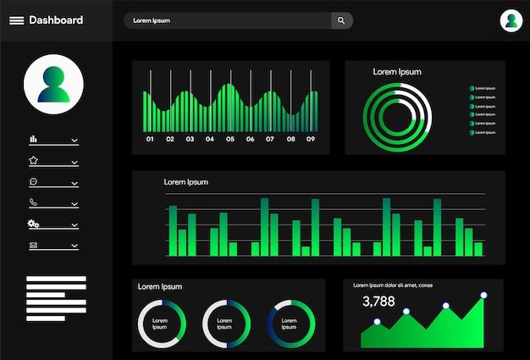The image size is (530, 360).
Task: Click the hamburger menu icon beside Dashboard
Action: tap(16, 20)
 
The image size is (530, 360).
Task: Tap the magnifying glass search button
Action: tap(341, 20)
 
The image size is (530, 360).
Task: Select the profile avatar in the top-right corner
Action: tap(511, 20)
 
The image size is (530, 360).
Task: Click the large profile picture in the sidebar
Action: tap(53, 85)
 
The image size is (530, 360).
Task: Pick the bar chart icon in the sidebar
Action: tap(34, 139)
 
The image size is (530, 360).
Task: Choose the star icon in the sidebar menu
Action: tap(34, 160)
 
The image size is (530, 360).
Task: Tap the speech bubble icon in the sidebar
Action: tap(34, 181)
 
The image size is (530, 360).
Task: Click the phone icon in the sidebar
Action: tap(34, 202)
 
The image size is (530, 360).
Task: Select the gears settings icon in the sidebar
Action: tap(34, 224)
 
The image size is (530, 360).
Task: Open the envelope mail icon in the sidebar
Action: tap(34, 246)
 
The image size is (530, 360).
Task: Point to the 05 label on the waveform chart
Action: tap(229, 139)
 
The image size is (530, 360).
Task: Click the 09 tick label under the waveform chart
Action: tap(311, 139)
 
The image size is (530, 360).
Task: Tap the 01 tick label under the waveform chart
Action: tap(150, 139)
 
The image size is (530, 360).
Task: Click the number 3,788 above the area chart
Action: tap(378, 301)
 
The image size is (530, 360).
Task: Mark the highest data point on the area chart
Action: tap(483, 296)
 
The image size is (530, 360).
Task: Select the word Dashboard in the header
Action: tap(56, 20)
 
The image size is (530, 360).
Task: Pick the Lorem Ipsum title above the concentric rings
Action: tap(397, 72)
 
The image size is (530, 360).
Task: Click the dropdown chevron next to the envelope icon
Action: tap(75, 246)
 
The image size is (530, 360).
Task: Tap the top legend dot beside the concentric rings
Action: tap(472, 88)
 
